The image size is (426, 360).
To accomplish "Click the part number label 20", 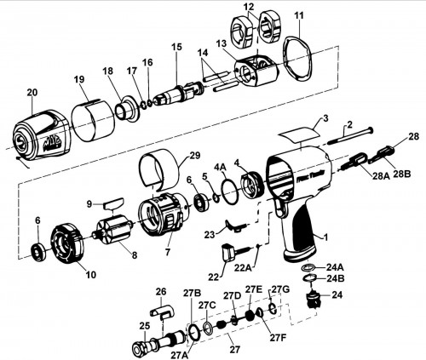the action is click(32, 93).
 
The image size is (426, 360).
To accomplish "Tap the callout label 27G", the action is click(281, 289).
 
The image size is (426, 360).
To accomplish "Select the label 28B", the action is click(402, 174).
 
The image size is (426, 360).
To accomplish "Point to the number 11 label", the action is click(299, 15).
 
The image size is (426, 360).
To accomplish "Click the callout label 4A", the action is click(221, 168).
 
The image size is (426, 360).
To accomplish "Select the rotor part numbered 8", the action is click(114, 227).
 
